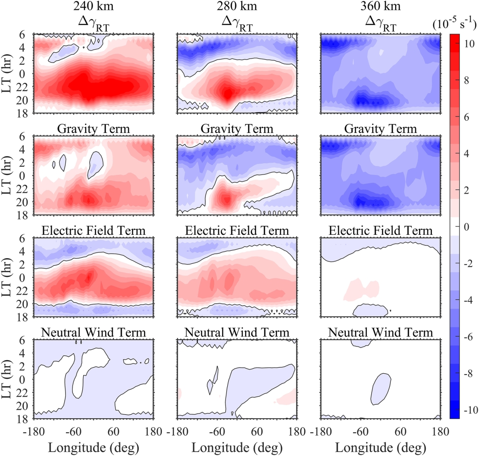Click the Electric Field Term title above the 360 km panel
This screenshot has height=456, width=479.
pos(380,231)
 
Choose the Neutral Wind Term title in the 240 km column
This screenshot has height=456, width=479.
pos(94,332)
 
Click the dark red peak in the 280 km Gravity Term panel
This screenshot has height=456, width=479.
pos(226,199)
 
